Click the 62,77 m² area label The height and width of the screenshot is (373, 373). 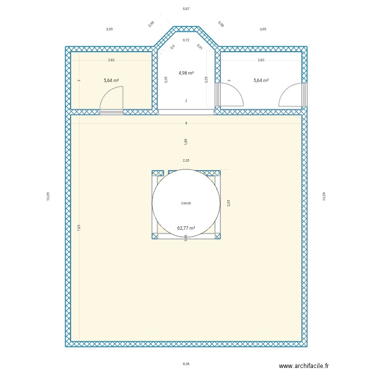pyautogui.click(x=186, y=229)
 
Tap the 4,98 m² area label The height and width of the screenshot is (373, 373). pyautogui.click(x=186, y=73)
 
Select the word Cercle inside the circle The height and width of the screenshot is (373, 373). pyautogui.click(x=186, y=203)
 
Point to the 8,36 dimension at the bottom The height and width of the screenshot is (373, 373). pyautogui.click(x=186, y=364)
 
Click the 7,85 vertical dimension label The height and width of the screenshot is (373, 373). pyautogui.click(x=79, y=228)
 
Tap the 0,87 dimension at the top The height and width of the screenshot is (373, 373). pyautogui.click(x=186, y=9)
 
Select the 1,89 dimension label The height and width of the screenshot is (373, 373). pyautogui.click(x=186, y=141)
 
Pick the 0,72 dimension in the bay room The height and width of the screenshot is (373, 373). pyautogui.click(x=186, y=40)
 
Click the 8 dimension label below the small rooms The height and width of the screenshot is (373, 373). pyautogui.click(x=186, y=123)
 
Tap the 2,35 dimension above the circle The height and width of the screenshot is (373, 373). pyautogui.click(x=186, y=161)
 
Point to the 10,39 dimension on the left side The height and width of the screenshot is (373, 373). pyautogui.click(x=48, y=196)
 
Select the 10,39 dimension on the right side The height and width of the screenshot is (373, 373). pyautogui.click(x=324, y=196)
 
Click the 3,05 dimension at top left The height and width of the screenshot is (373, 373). pyautogui.click(x=109, y=29)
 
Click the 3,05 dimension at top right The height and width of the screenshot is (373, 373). pyautogui.click(x=263, y=29)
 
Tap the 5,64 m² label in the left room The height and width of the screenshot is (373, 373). pyautogui.click(x=111, y=80)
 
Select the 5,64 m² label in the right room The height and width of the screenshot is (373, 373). pyautogui.click(x=261, y=80)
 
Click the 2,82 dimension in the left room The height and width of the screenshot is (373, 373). pyautogui.click(x=111, y=60)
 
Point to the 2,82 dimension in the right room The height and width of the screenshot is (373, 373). pyautogui.click(x=261, y=60)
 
